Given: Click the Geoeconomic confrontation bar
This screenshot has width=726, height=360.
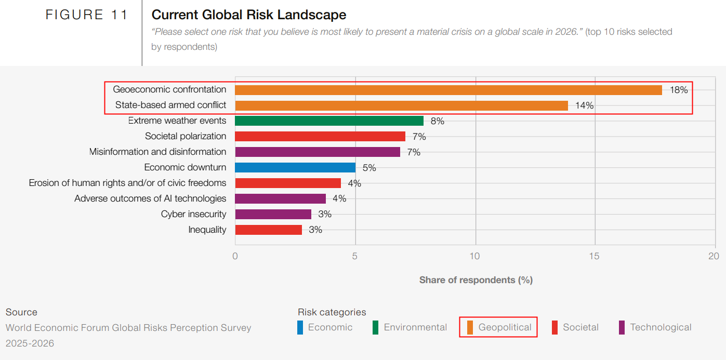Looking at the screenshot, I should [x=448, y=90].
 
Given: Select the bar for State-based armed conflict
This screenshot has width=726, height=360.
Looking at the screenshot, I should [x=401, y=105].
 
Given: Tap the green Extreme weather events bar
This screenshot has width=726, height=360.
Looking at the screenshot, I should [x=329, y=121].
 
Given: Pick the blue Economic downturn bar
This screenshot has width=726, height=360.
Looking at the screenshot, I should [x=295, y=167].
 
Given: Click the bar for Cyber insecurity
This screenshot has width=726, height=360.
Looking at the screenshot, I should [x=273, y=214].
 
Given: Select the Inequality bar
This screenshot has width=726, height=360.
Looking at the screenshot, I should [x=268, y=230].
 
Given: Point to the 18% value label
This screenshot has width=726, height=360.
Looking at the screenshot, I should [x=679, y=90].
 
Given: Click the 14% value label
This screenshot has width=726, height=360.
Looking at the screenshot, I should [x=584, y=105].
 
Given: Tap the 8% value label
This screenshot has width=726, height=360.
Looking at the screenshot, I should [x=438, y=121].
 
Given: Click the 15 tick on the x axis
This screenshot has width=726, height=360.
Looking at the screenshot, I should [x=595, y=256].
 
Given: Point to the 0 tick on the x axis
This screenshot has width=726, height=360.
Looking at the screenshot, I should [x=235, y=256].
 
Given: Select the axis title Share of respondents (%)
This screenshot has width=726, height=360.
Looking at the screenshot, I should [x=476, y=280].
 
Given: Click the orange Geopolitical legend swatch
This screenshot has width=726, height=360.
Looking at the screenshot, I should [x=470, y=328].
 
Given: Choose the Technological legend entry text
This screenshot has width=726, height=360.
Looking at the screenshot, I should [x=661, y=327].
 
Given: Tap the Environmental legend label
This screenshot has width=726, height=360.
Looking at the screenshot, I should [x=415, y=327].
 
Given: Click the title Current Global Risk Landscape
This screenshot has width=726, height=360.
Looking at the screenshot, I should [x=249, y=15].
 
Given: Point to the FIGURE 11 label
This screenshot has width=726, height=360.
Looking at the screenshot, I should [x=87, y=15].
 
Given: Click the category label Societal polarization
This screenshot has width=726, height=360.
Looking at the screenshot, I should [x=186, y=136].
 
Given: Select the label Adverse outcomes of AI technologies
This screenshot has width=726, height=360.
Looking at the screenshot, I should [x=150, y=198].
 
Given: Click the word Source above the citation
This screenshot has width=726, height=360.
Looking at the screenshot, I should [x=21, y=312].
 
